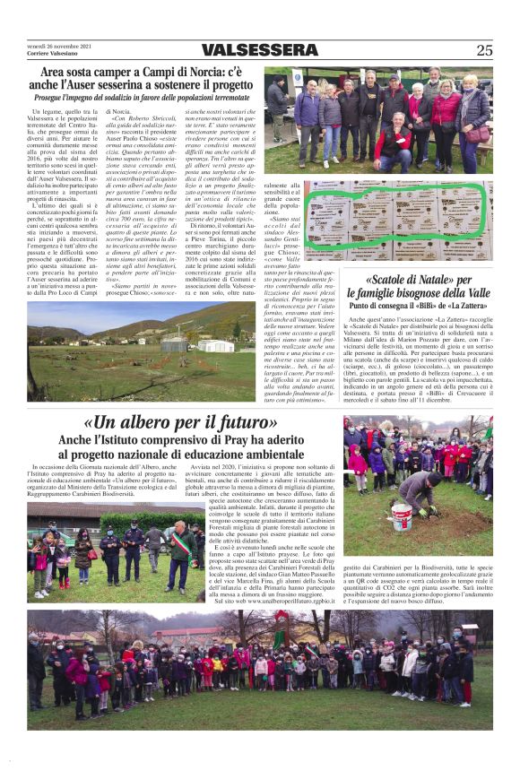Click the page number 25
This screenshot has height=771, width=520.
click(484, 50)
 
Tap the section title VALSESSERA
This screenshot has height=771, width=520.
click(259, 50)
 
